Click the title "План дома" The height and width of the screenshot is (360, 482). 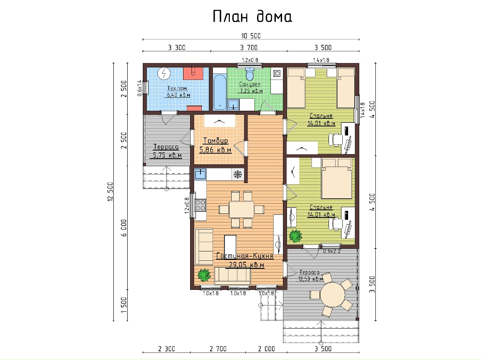coord(252,17)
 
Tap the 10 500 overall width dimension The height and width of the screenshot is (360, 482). coord(251,36)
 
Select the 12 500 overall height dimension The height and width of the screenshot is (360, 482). coord(110,192)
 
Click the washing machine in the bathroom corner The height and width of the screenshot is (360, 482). coord(277,73)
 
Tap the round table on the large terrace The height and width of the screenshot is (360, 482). coord(332,294)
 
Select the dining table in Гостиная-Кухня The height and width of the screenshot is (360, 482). coord(241,209)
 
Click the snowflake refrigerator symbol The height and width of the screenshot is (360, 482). coord(237,175)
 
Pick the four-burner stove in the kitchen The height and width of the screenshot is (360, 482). coord(200,205)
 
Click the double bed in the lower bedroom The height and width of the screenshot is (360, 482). coord(337,179)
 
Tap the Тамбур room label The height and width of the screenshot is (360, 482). coord(216,141)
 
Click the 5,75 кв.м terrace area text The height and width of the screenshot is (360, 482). coord(167,155)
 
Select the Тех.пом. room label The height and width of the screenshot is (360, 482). coord(177,88)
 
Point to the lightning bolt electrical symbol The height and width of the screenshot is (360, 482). coord(164,74)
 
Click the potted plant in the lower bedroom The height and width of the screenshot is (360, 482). coord(295,236)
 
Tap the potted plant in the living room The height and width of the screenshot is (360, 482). coord(204,275)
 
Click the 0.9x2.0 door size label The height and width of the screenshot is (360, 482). coord(332,251)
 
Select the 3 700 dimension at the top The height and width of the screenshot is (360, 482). coord(249,48)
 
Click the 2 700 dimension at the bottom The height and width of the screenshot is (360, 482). coord(218,349)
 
